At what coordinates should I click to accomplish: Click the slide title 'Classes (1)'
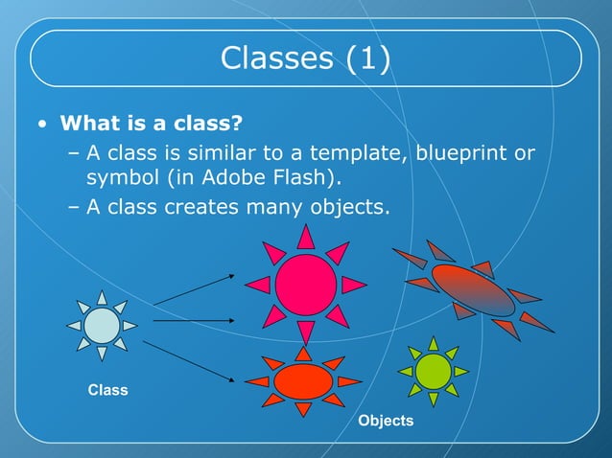(305, 58)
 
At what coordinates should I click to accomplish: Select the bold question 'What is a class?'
(150, 125)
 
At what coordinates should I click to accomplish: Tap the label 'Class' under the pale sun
(107, 390)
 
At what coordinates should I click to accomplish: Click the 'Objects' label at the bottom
(386, 421)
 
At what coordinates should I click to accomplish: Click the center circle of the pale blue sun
(102, 326)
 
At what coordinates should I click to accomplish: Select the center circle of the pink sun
(306, 284)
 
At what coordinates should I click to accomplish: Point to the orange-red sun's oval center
(303, 381)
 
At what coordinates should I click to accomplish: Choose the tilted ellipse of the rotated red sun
(473, 289)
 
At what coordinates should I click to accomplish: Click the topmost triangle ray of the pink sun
(306, 236)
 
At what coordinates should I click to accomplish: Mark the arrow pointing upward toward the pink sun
(194, 289)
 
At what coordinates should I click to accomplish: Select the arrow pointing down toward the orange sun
(194, 360)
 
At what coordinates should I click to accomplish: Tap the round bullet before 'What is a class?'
(41, 126)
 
